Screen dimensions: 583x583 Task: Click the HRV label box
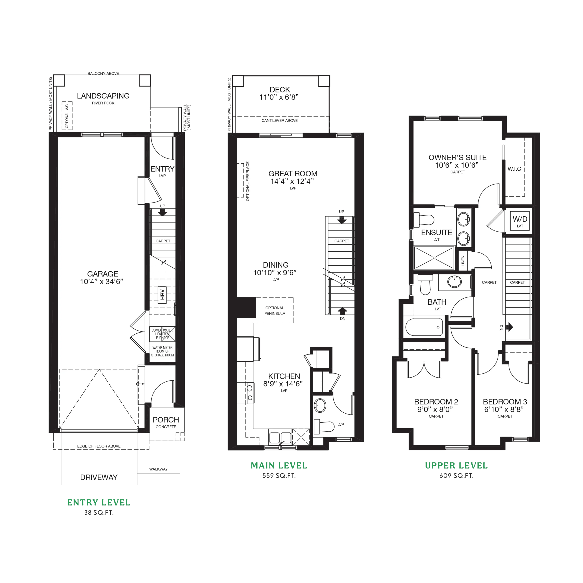point(162,294)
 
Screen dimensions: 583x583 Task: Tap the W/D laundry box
point(520,221)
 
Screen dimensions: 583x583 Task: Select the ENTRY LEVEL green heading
point(99,502)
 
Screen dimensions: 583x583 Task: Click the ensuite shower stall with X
point(434,258)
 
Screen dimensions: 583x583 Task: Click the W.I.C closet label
point(514,169)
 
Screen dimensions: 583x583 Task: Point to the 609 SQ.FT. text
point(456,476)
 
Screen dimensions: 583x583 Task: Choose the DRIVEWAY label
point(99,477)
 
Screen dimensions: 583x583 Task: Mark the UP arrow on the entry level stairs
point(162,212)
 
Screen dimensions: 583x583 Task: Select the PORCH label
point(166,420)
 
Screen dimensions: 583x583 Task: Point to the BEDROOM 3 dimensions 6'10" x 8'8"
point(504,409)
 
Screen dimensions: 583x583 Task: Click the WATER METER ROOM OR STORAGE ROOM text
point(162,351)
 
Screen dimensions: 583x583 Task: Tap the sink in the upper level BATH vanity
point(455,282)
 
